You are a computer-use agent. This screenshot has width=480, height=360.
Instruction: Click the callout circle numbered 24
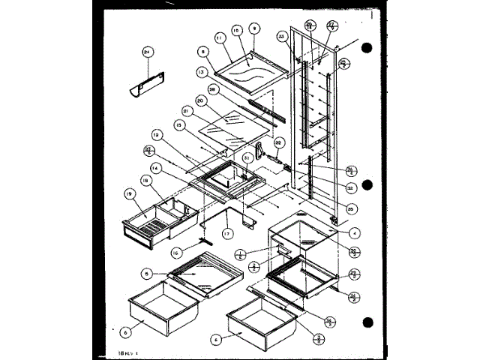click(147, 52)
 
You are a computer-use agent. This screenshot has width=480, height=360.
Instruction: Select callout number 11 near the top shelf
click(219, 37)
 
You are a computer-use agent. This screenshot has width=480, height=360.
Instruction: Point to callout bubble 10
click(236, 30)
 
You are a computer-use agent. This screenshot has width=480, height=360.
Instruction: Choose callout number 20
click(200, 101)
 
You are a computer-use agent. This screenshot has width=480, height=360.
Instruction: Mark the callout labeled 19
click(129, 193)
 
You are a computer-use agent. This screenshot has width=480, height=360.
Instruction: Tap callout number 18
click(147, 181)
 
